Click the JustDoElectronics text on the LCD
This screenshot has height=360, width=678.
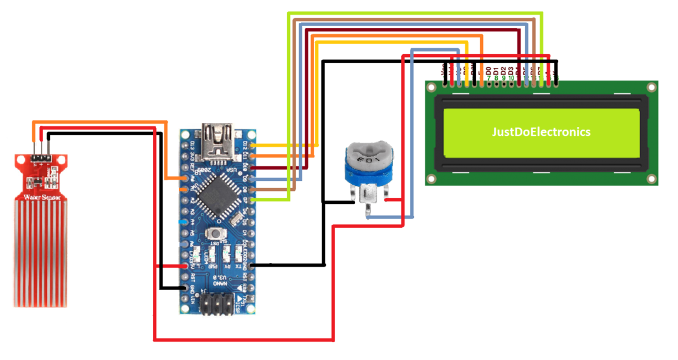coord(542,132)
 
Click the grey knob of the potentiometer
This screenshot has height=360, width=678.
coord(368,152)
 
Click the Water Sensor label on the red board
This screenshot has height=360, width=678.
coord(39,198)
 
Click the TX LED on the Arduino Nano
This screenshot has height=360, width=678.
coord(239,255)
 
